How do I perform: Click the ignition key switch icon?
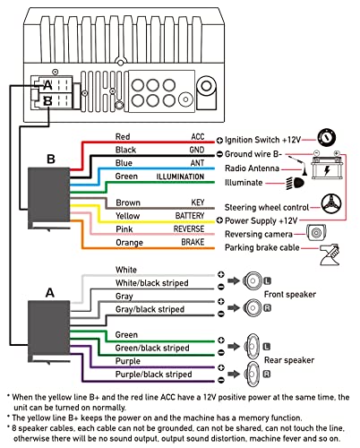point(326,137)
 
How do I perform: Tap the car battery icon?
point(327,165)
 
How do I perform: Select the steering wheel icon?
point(331,203)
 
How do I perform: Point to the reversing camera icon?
point(316,232)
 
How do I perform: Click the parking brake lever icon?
point(330,254)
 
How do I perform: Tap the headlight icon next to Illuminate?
point(296,183)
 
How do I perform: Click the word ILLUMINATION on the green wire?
point(180,177)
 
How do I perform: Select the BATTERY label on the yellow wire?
point(190,216)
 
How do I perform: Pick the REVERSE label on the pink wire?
point(189,229)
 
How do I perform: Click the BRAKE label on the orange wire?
point(193,242)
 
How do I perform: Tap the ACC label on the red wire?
point(198,137)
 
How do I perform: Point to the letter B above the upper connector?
point(51,159)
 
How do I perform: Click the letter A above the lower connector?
point(50,293)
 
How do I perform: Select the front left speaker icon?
point(253,280)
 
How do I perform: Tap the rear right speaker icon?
point(252,374)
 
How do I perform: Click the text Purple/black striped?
point(153,375)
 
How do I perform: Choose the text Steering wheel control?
point(267,207)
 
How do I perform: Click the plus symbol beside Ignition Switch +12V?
point(219,140)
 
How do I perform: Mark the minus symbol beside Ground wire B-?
point(219,154)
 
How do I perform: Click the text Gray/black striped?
point(150,309)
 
